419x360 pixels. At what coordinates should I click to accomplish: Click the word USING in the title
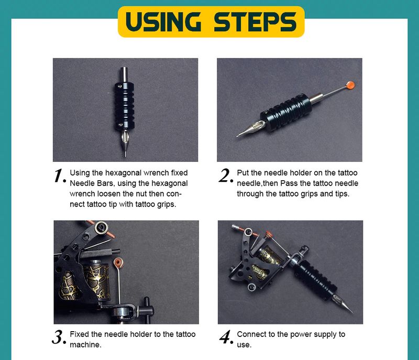163,21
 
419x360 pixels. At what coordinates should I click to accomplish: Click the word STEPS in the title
255,21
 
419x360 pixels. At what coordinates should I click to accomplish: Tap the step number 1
60,176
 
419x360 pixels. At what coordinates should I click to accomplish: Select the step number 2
226,176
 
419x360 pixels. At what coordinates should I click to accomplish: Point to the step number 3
59,337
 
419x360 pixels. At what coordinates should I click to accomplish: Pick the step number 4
226,337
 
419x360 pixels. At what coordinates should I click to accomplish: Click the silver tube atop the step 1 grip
124,75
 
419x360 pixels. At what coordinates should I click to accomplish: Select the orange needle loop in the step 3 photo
118,263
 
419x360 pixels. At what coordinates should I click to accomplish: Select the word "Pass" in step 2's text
289,183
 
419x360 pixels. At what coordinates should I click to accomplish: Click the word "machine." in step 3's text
85,345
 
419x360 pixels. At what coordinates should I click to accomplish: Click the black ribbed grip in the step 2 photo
286,112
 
